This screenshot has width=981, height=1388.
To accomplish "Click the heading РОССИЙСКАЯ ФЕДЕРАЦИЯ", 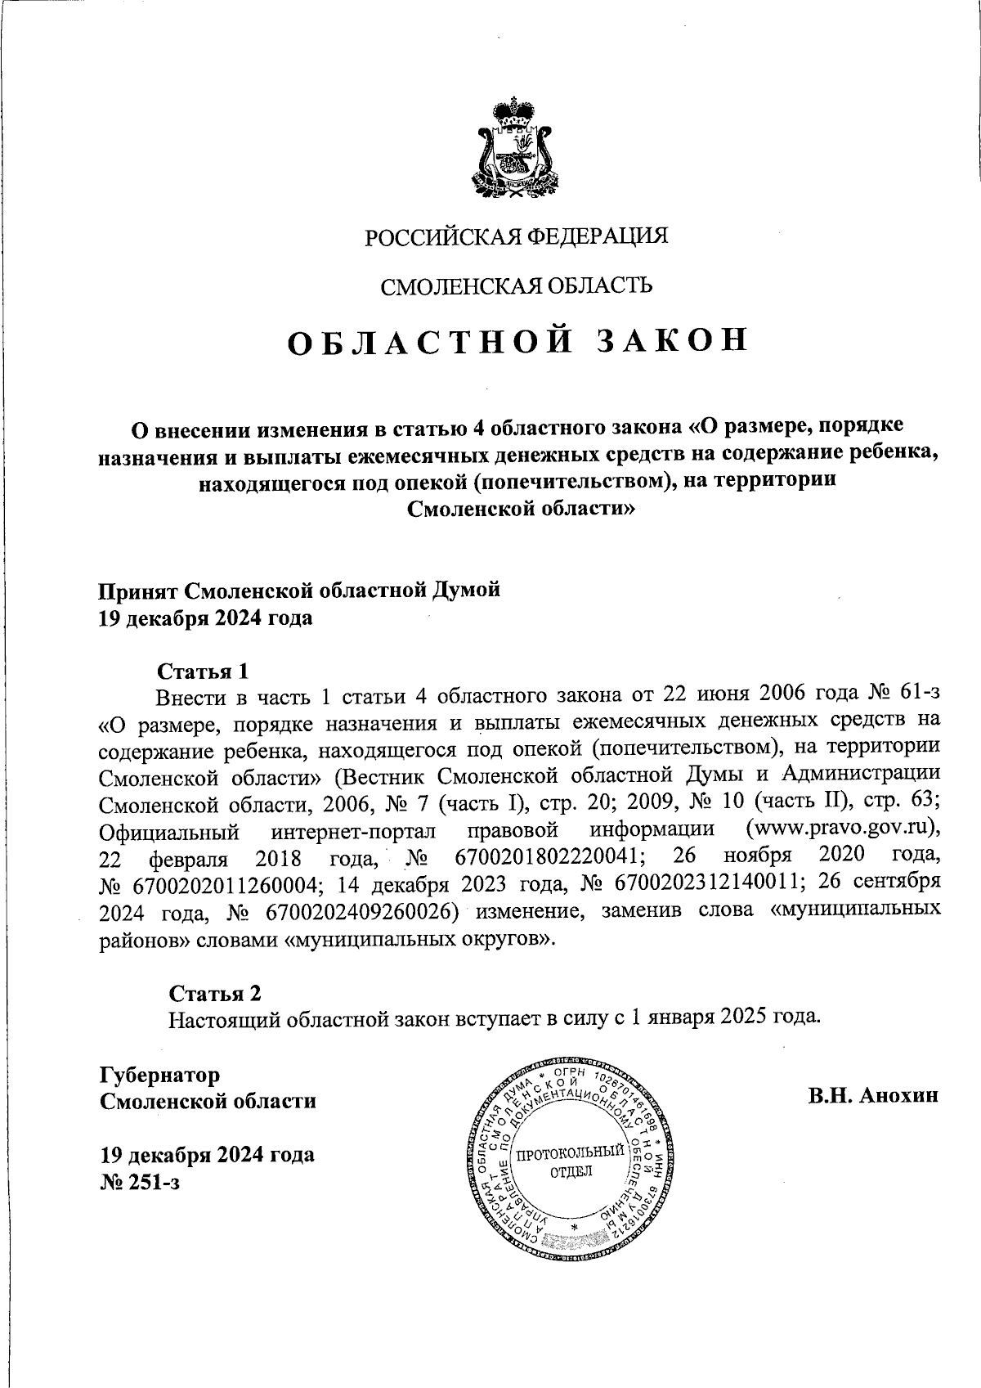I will coord(516,236).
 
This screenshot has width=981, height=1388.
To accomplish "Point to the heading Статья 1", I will coord(202,672).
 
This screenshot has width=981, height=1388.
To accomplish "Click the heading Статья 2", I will coord(215,993).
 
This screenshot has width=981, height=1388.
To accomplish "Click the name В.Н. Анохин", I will coord(873,1096).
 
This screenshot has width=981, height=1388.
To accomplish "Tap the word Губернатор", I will coord(159,1074).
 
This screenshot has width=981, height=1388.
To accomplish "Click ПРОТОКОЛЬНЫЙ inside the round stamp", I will coord(571,1155).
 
